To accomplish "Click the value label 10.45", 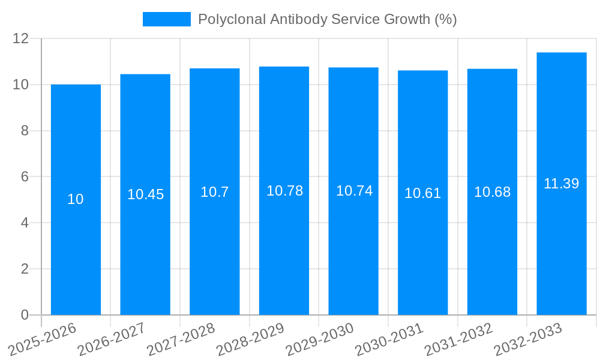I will [x=145, y=194].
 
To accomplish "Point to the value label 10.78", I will [x=284, y=191].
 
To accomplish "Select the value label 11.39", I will [x=561, y=184].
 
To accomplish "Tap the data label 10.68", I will [x=492, y=192].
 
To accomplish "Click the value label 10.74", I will [x=354, y=191].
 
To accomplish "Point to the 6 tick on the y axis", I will [x=25, y=177].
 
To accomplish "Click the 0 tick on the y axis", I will [x=25, y=315].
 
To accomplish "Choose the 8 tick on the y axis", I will [x=25, y=131].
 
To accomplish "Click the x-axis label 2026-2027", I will [x=112, y=339].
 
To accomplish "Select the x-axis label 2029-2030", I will [x=320, y=339].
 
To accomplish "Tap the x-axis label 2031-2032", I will [x=459, y=339].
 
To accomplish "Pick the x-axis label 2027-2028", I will [x=181, y=339].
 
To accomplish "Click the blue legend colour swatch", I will [x=166, y=19].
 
